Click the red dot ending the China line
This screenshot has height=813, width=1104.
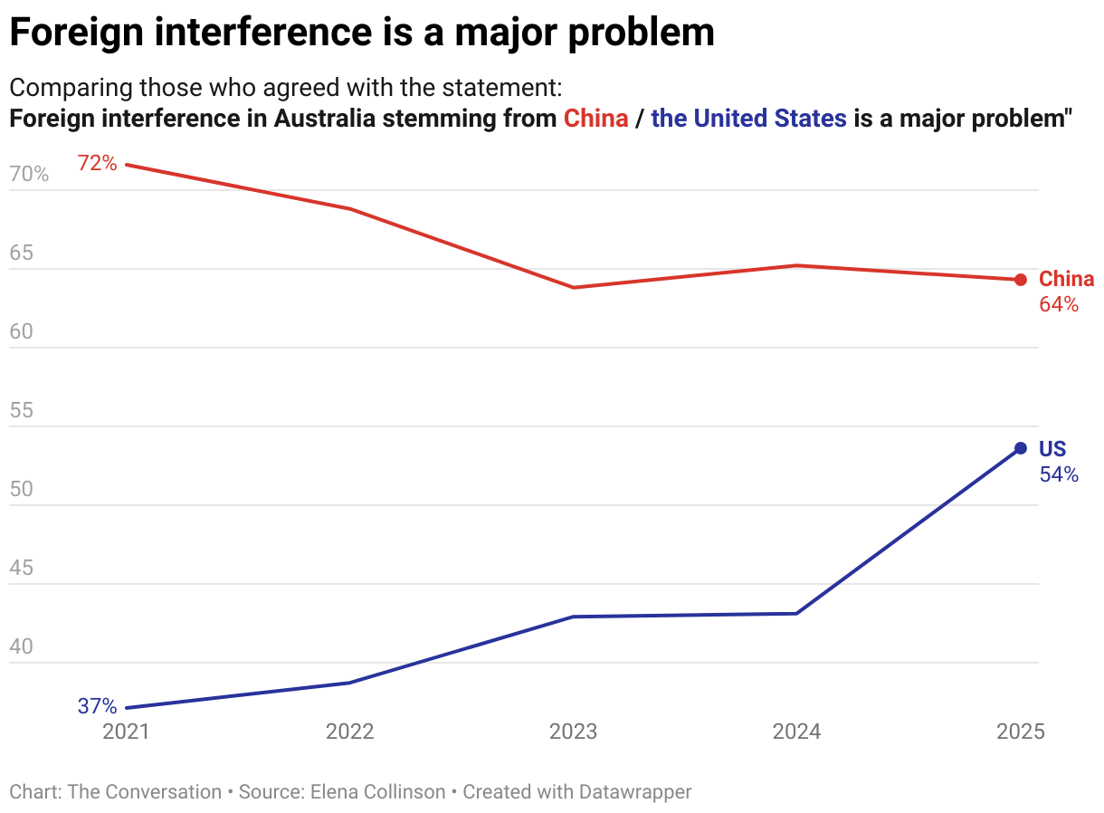pyautogui.click(x=1020, y=280)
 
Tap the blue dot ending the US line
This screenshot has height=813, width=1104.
pyautogui.click(x=1020, y=448)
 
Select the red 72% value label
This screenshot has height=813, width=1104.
pyautogui.click(x=97, y=164)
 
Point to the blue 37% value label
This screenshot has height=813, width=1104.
pyautogui.click(x=97, y=706)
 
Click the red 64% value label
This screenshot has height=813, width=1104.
pyautogui.click(x=1059, y=305)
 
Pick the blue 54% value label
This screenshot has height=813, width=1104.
pyautogui.click(x=1059, y=474)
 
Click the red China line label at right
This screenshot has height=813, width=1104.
pyautogui.click(x=1066, y=279)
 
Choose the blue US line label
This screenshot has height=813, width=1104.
pyautogui.click(x=1052, y=449)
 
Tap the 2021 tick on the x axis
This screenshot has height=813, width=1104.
pyautogui.click(x=127, y=732)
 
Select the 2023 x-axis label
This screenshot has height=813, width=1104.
pyautogui.click(x=574, y=732)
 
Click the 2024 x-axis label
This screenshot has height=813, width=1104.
pyautogui.click(x=796, y=732)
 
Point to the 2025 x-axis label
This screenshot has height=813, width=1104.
pyautogui.click(x=1020, y=732)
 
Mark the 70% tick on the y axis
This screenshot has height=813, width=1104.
pyautogui.click(x=29, y=175)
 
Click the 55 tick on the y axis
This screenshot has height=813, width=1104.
pyautogui.click(x=21, y=411)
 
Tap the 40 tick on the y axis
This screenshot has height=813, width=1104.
pyautogui.click(x=21, y=647)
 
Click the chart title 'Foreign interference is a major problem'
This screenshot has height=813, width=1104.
pyautogui.click(x=361, y=33)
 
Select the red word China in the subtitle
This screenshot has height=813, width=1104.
pyautogui.click(x=595, y=119)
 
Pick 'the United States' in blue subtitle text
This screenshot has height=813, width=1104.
pyautogui.click(x=748, y=119)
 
